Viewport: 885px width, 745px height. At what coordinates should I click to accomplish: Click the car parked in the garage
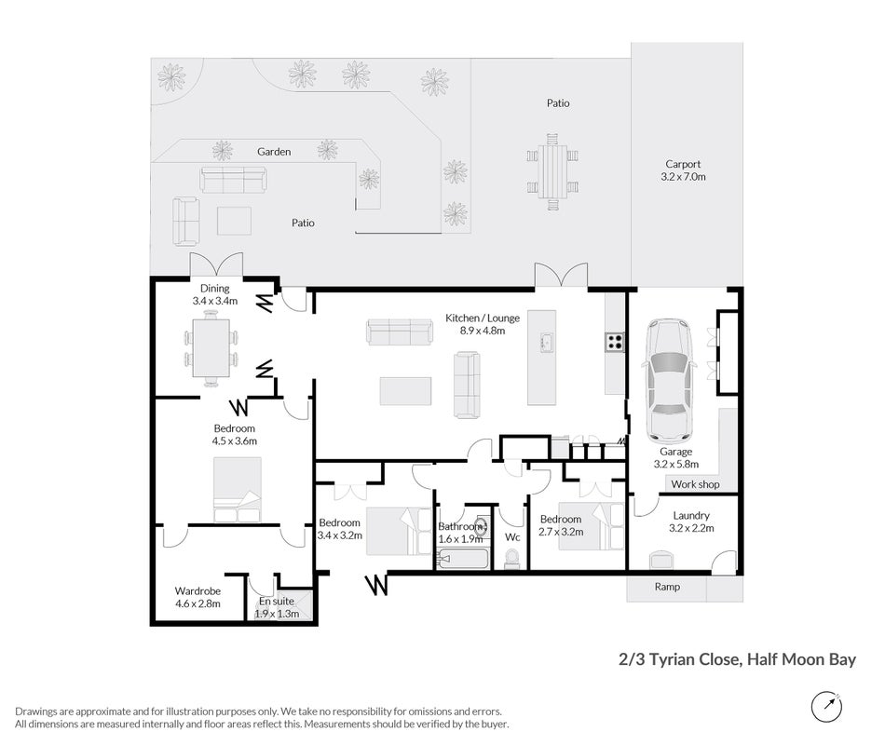(x=670, y=380)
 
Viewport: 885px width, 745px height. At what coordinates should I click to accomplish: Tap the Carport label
(x=683, y=164)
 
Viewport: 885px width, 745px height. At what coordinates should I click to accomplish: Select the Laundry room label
(x=691, y=515)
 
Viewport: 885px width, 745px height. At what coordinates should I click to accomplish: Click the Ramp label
(x=667, y=587)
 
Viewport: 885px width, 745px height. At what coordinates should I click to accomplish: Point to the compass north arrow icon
(x=827, y=707)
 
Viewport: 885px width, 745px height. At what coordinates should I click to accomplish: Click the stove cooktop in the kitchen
(x=615, y=342)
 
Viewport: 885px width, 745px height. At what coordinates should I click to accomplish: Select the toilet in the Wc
(x=512, y=559)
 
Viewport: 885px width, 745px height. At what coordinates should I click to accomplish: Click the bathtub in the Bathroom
(x=463, y=561)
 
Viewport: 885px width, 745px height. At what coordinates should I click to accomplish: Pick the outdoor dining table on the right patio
(x=552, y=171)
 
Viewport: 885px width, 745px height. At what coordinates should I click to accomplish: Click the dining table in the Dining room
(x=211, y=348)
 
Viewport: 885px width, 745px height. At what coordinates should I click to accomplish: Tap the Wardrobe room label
(x=197, y=591)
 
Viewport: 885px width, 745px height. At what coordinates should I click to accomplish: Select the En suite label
(x=277, y=601)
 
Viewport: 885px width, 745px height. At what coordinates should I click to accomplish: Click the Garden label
(x=274, y=151)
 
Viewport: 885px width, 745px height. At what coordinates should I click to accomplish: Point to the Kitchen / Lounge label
(x=483, y=318)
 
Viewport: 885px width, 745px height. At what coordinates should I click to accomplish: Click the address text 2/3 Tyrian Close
(x=678, y=659)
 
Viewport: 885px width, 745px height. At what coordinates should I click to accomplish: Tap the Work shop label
(x=695, y=484)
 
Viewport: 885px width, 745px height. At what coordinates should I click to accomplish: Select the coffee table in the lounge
(x=405, y=391)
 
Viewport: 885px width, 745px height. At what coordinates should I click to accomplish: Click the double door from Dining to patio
(x=216, y=265)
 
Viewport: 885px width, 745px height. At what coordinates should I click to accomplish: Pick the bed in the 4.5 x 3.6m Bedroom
(x=237, y=489)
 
